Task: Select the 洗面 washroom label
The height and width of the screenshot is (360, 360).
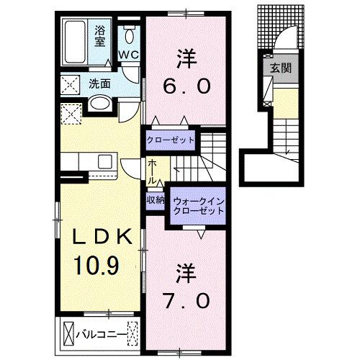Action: coord(100,83)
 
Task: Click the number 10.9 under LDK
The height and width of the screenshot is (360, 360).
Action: coord(96,266)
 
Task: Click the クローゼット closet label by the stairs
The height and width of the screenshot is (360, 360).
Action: coord(170,139)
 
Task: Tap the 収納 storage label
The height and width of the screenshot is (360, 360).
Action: coord(156,199)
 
